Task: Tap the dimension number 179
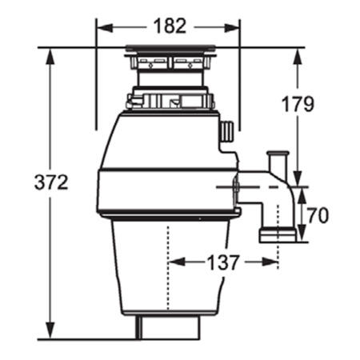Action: (x=298, y=103)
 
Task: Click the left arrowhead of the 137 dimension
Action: (x=174, y=262)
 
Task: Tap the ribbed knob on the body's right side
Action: (x=227, y=130)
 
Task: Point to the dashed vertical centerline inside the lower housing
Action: (x=168, y=264)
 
